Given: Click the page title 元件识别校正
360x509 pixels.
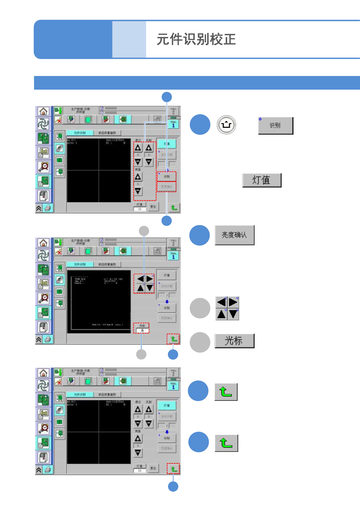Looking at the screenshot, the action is (196, 40).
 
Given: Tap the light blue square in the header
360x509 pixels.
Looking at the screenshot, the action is (129, 39).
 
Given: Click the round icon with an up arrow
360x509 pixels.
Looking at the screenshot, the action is (226, 125).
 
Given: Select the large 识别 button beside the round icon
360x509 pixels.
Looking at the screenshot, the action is (276, 125).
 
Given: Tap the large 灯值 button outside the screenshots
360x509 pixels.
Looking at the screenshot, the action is (262, 180).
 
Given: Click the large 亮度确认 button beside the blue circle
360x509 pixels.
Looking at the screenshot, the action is (234, 235).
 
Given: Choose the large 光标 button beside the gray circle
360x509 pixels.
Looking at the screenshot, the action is (234, 341).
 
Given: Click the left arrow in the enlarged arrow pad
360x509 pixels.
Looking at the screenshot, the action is (221, 302).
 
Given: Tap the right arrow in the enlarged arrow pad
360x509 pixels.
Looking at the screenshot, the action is (233, 302).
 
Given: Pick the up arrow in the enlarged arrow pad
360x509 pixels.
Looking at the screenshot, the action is (221, 314).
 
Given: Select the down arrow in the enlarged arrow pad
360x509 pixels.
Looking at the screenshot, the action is (233, 314).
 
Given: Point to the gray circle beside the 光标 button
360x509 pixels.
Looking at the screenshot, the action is (200, 342).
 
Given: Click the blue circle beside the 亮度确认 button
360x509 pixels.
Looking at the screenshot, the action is (200, 235).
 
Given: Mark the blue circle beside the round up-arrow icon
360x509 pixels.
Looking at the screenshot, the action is (200, 125).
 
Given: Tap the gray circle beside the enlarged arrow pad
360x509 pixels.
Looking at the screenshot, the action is (200, 308).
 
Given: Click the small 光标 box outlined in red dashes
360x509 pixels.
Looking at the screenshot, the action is (141, 328).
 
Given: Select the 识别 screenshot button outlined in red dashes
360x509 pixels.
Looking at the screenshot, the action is (167, 177).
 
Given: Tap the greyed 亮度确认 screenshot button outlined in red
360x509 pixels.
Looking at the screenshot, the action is (167, 187).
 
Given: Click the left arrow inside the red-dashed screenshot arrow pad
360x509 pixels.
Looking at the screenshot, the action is (140, 279).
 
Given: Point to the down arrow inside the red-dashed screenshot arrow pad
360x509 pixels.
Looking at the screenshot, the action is (149, 288).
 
